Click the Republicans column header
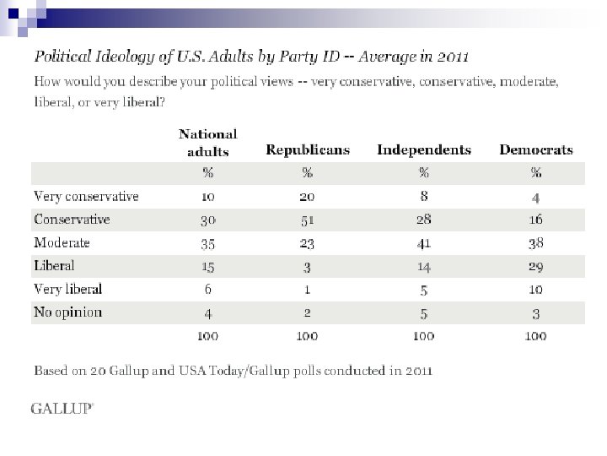click(x=307, y=150)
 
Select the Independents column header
click(x=423, y=150)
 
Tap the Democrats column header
click(x=535, y=150)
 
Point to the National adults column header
click(x=207, y=143)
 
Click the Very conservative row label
click(x=86, y=196)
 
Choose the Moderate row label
click(x=62, y=242)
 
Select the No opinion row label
click(x=68, y=312)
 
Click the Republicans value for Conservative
click(x=307, y=220)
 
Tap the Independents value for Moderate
click(x=424, y=243)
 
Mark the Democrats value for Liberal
click(x=536, y=266)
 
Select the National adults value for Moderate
click(x=207, y=243)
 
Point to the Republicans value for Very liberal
click(x=307, y=290)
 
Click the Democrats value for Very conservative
click(x=536, y=197)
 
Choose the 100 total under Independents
click(x=424, y=337)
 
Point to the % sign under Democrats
click(x=536, y=173)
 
